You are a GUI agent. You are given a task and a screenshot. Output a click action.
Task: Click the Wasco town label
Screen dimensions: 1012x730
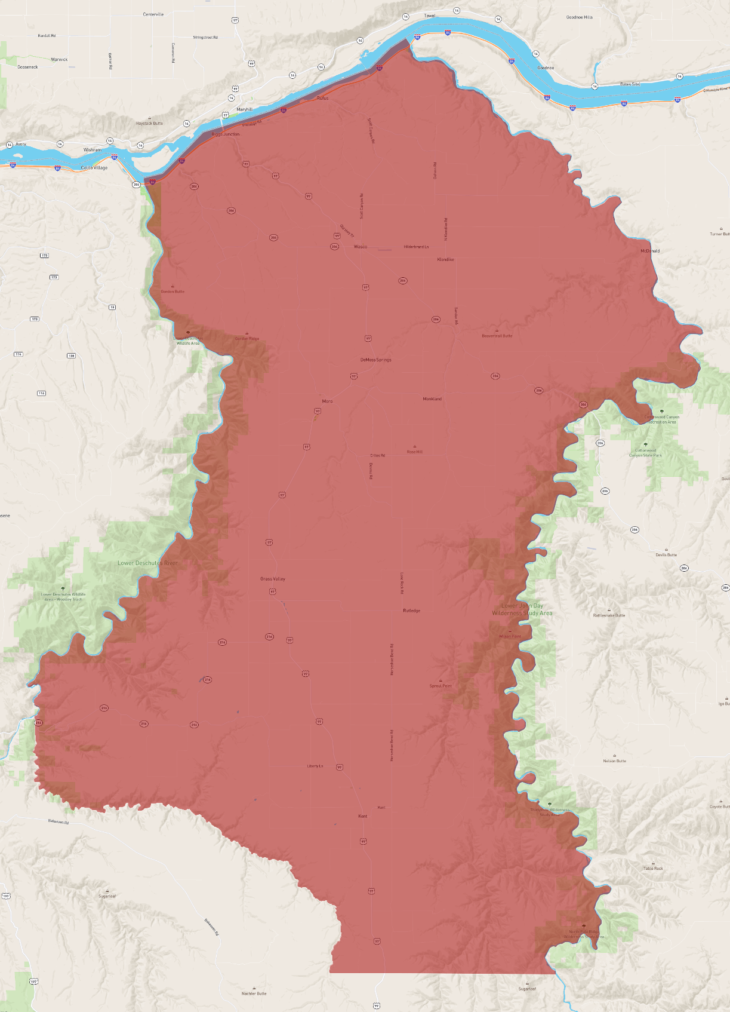(361, 247)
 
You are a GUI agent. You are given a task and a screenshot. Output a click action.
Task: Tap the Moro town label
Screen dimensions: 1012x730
(327, 401)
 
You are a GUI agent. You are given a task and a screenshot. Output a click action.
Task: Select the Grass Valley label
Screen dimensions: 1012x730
(273, 579)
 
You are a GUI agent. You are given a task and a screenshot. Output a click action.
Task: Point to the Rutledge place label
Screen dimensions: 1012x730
(411, 611)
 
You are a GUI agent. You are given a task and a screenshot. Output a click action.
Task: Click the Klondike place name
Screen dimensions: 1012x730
(445, 260)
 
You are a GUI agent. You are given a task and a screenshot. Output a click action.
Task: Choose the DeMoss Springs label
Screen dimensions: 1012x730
(375, 360)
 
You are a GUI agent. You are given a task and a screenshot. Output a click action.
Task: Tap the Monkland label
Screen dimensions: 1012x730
(432, 399)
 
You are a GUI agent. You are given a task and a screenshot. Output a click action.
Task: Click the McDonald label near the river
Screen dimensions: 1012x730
(650, 251)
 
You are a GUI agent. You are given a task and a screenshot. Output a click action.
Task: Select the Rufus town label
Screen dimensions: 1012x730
(322, 98)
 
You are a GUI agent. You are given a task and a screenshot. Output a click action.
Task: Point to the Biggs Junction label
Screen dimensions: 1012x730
(226, 134)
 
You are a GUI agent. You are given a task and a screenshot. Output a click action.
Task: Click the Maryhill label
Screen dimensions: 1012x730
(244, 110)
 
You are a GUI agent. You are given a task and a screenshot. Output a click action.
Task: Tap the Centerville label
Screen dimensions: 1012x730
(153, 14)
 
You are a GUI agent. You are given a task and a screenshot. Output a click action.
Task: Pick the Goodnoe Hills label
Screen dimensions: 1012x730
(579, 17)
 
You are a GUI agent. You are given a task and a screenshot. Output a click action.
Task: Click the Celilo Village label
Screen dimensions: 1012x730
(94, 168)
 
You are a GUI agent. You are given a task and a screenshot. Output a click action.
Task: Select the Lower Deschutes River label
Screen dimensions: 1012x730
(147, 563)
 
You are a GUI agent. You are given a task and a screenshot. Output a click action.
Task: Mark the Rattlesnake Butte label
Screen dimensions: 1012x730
(609, 615)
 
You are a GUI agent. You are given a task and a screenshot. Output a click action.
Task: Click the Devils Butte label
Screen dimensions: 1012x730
(666, 555)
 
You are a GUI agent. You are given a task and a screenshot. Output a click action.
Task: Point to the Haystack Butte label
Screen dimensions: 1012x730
(149, 124)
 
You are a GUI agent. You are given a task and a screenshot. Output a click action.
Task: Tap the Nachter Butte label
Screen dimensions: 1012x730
(254, 993)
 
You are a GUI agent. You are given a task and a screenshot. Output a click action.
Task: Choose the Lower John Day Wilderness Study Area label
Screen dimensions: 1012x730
(522, 609)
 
